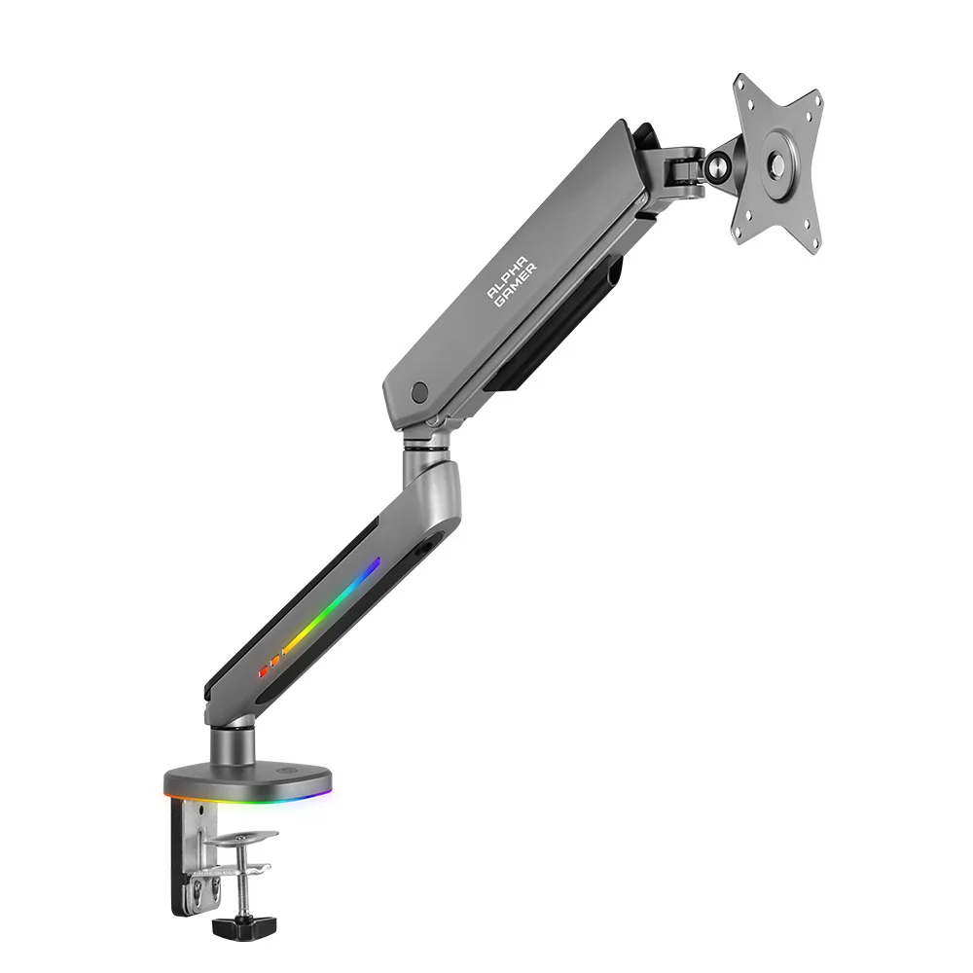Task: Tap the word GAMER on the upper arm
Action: (x=516, y=285)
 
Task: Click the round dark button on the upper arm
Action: (x=419, y=391)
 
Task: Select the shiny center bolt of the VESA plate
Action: (x=776, y=164)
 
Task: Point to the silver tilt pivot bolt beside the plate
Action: (x=717, y=165)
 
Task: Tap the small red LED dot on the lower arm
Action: (x=263, y=671)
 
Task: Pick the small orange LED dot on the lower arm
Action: (x=274, y=662)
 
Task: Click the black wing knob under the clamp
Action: (x=237, y=927)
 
